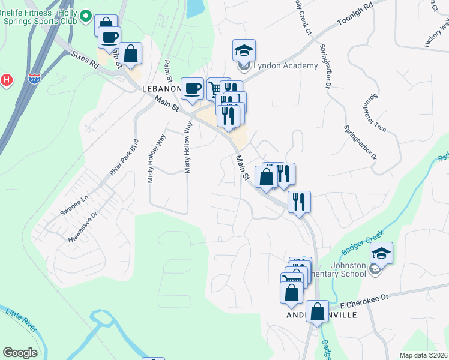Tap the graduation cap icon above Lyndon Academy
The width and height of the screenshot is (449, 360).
point(244,49)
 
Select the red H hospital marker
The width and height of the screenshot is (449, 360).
point(6,79)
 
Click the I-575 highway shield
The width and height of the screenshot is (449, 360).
point(34,78)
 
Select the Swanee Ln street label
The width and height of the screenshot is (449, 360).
point(74,205)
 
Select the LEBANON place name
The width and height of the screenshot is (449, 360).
point(161,89)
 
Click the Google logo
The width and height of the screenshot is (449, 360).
point(20,353)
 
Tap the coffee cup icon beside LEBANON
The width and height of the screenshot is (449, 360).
point(192,89)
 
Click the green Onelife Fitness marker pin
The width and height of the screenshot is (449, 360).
point(85,17)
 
